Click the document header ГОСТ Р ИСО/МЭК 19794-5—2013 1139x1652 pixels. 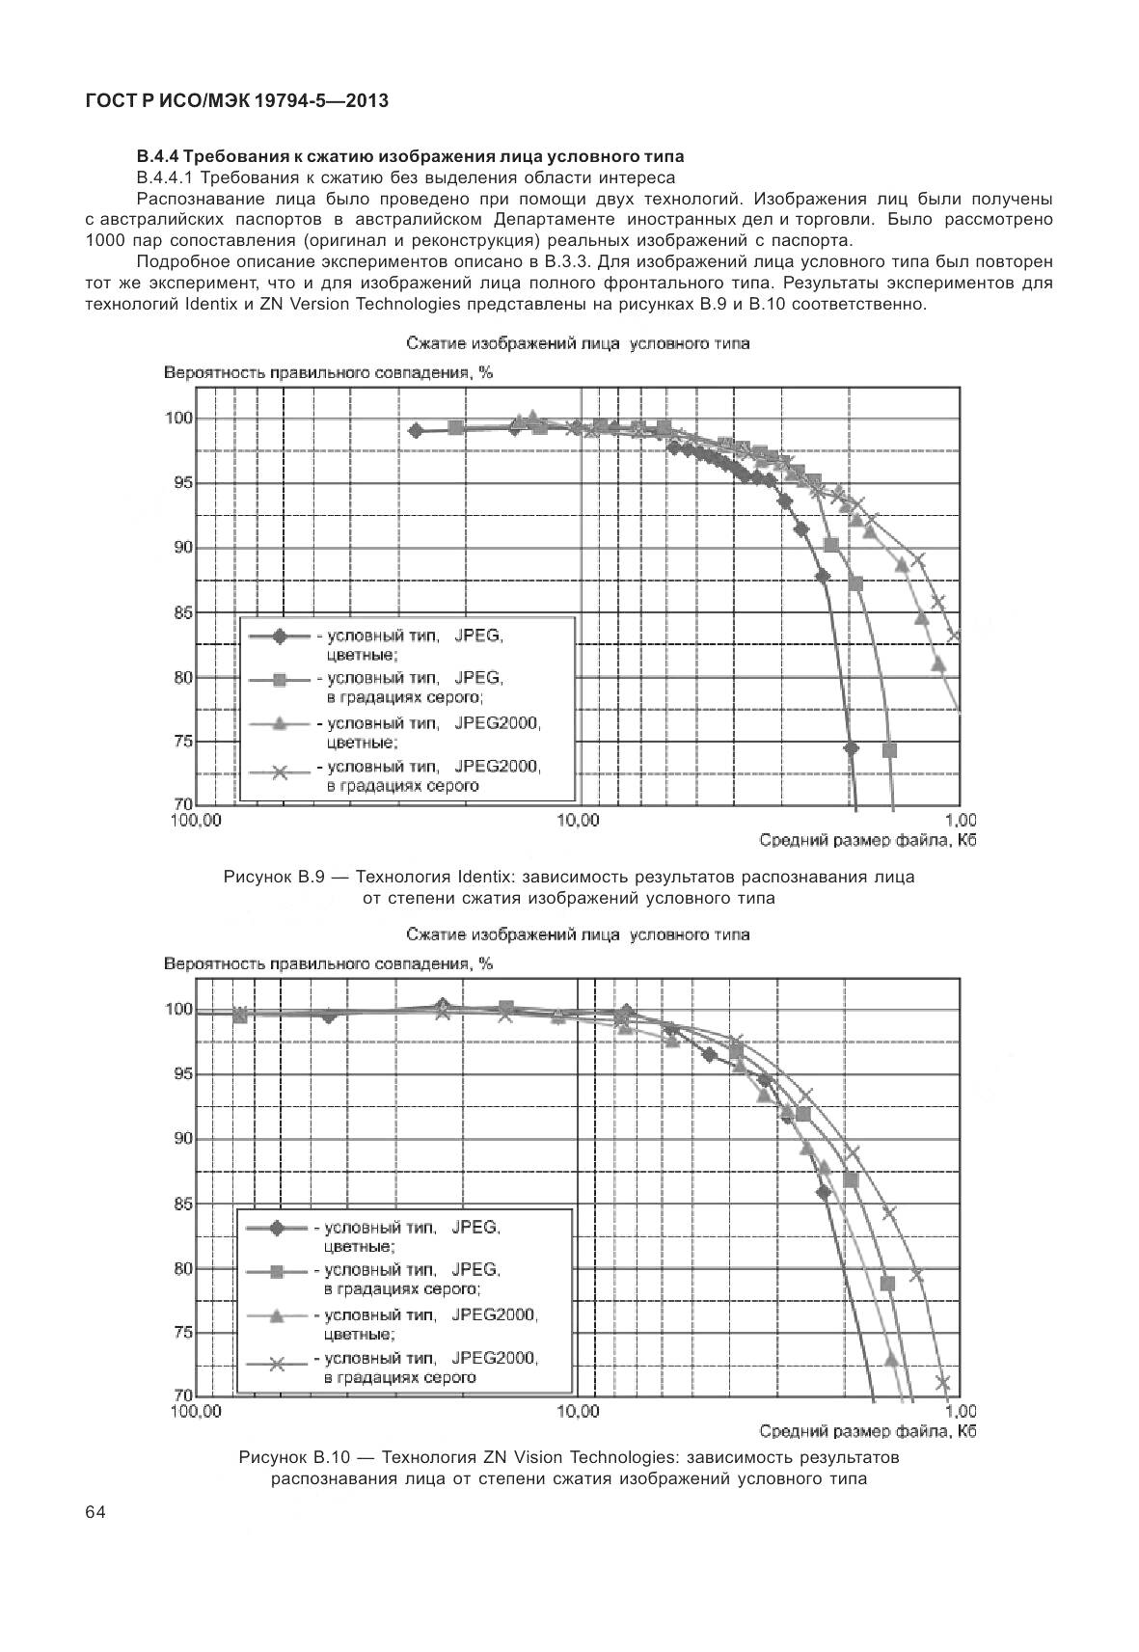click(x=236, y=100)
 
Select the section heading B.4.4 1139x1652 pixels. click(x=410, y=156)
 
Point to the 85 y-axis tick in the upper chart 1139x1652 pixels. click(x=182, y=612)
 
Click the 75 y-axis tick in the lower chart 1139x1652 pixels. click(x=182, y=1333)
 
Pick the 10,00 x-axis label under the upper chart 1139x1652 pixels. click(x=579, y=821)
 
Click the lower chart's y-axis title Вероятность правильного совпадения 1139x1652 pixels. click(x=328, y=963)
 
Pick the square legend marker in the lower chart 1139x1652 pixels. click(x=277, y=1272)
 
